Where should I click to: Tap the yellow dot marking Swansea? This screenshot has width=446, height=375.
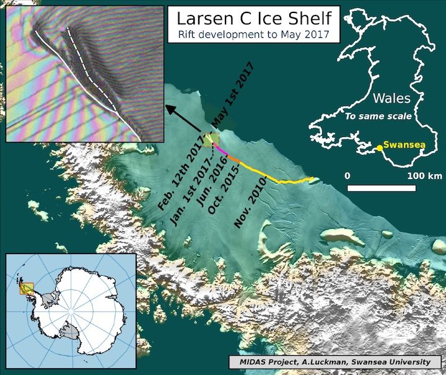pos(378,148)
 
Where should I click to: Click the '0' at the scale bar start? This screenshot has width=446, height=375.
pos(348,175)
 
